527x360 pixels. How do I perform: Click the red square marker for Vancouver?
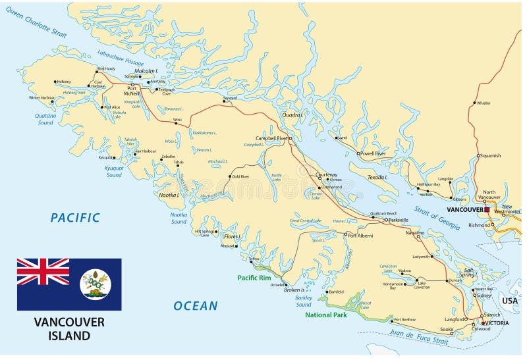[487, 209]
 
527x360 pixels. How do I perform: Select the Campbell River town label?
[272, 138]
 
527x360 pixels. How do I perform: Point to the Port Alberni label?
[361, 235]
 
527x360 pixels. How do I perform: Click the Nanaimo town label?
[414, 232]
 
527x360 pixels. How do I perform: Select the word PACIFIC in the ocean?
[76, 217]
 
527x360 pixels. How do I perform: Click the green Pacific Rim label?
[255, 277]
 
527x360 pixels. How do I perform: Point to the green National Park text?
[327, 315]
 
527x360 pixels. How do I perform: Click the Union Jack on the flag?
[43, 271]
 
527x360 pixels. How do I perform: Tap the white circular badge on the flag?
[96, 284]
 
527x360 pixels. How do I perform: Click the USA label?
[510, 300]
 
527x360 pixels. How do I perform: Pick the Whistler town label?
[484, 103]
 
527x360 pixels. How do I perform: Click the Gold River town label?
[240, 176]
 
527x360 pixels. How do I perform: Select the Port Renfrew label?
[404, 319]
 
